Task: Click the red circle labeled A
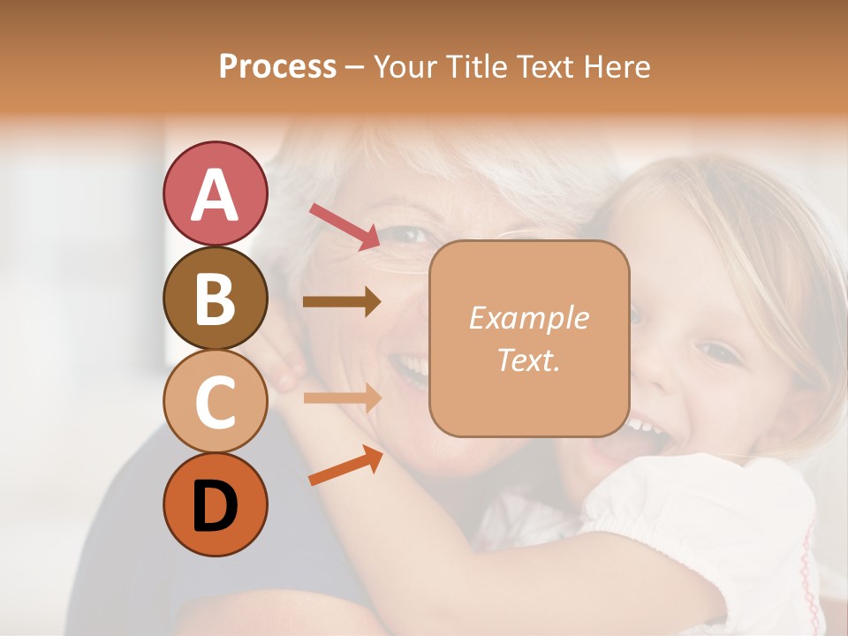click(215, 194)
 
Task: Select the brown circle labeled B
click(215, 299)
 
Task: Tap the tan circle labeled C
click(215, 402)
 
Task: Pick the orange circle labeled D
click(215, 504)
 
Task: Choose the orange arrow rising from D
click(345, 466)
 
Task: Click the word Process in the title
click(277, 67)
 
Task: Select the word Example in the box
click(528, 319)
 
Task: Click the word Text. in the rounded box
click(528, 360)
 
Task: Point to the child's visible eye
click(720, 352)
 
